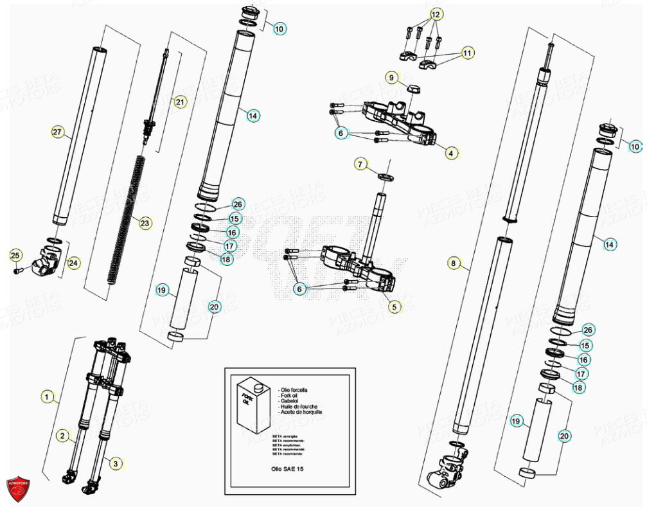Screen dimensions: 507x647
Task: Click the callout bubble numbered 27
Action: (x=58, y=132)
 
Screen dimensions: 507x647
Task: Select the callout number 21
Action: (x=180, y=102)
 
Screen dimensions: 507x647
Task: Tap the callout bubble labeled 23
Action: (x=145, y=224)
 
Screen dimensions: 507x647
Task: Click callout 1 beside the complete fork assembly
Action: (x=46, y=396)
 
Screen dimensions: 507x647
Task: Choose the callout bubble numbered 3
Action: (x=115, y=463)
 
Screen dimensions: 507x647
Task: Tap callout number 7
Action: (x=360, y=166)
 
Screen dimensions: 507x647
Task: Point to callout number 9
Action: (x=391, y=78)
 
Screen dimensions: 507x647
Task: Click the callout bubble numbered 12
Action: (x=436, y=14)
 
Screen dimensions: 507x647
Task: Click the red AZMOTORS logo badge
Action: (x=19, y=486)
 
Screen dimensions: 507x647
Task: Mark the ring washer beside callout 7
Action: (x=386, y=176)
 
